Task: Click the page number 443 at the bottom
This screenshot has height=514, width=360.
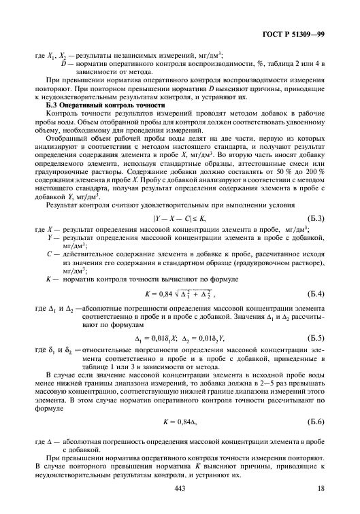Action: pos(180,489)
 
